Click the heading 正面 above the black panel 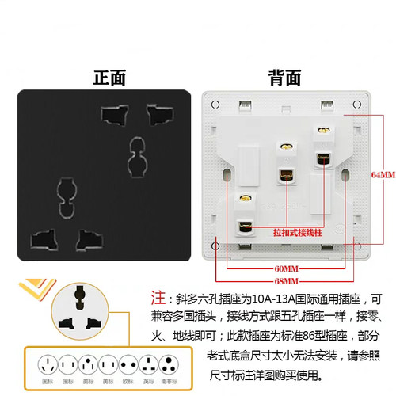point(109,78)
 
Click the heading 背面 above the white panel point(284,78)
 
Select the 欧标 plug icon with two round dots point(124,366)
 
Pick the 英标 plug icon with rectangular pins point(147,366)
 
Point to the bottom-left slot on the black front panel point(42,238)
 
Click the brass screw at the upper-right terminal point(322,129)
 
